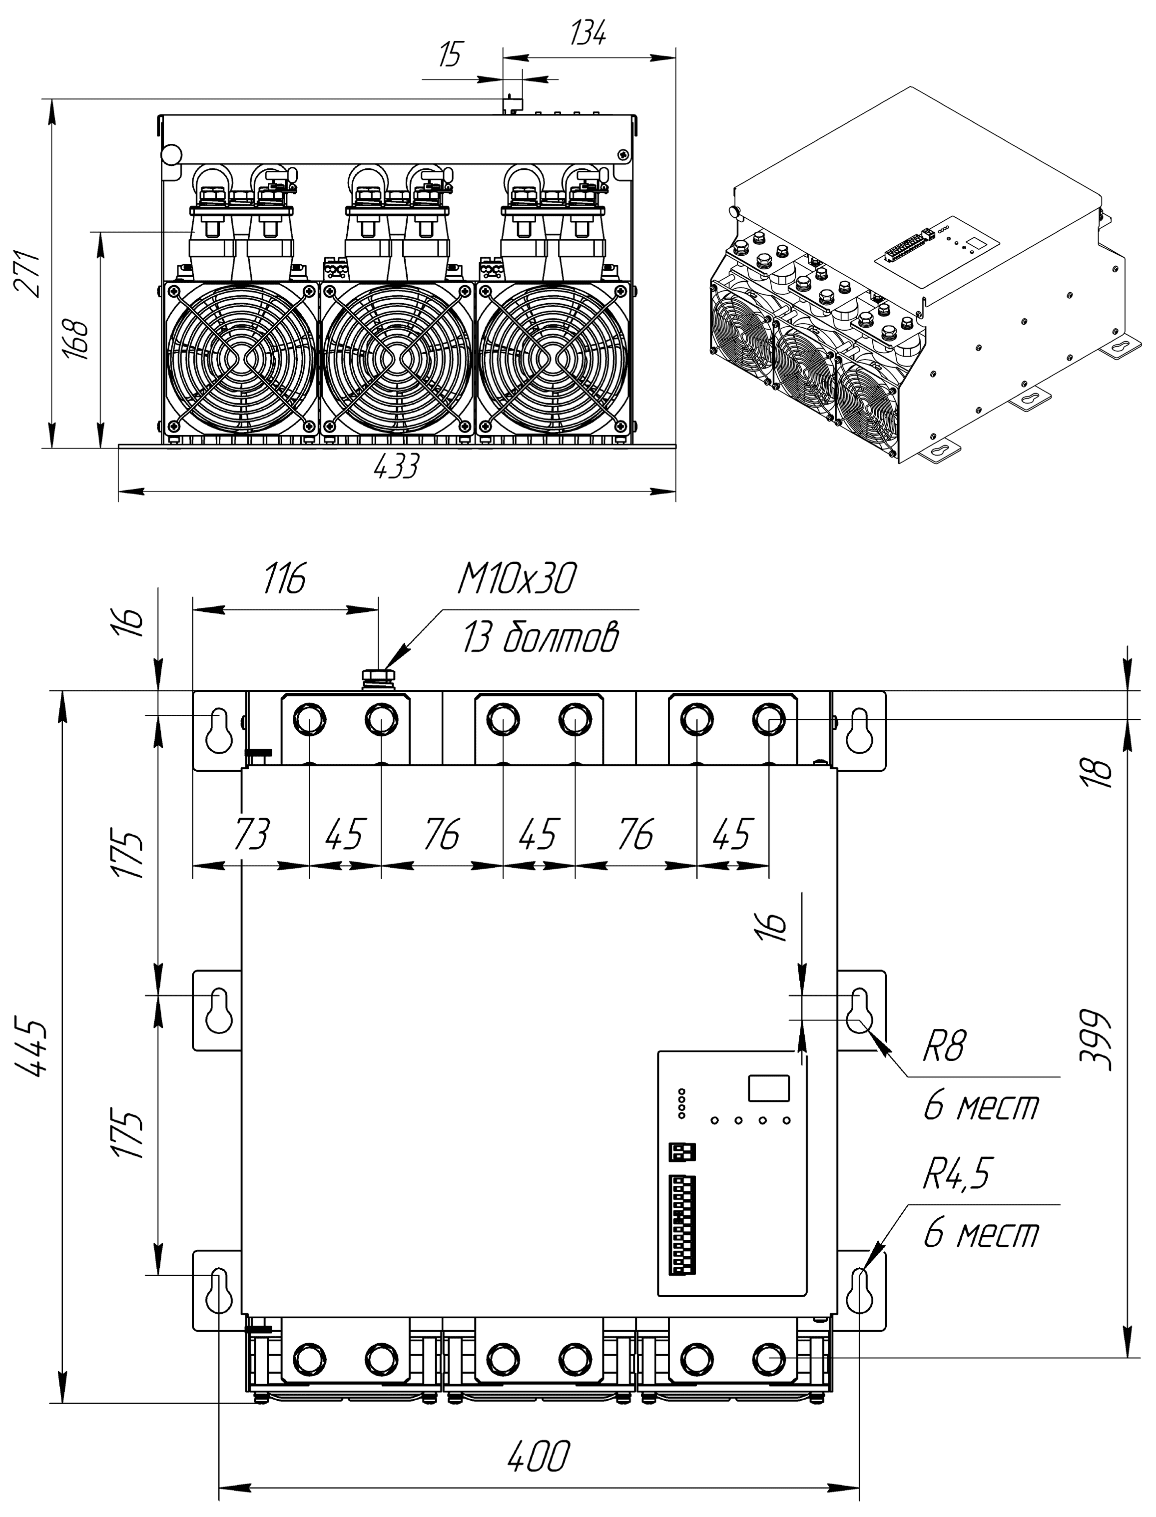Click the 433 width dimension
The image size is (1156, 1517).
tap(396, 468)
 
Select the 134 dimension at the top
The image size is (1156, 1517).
tap(588, 33)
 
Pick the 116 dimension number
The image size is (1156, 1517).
tap(285, 579)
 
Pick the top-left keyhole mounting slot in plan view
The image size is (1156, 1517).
tap(219, 731)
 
